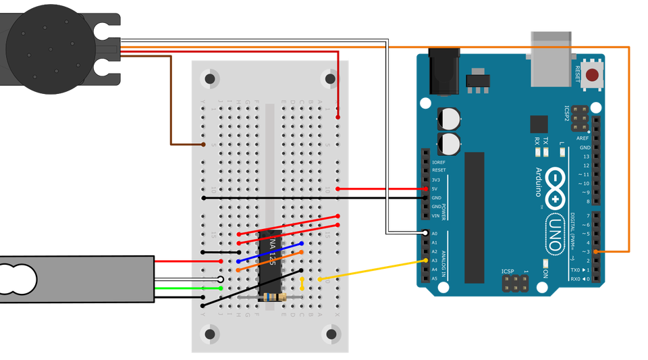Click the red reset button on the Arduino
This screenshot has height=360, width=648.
(593, 75)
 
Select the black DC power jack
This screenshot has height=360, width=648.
(444, 73)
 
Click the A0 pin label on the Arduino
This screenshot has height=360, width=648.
(434, 233)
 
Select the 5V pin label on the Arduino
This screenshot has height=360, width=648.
(435, 188)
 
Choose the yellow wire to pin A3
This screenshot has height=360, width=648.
(371, 269)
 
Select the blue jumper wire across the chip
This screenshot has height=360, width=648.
(270, 252)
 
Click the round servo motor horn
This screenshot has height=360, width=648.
(47, 47)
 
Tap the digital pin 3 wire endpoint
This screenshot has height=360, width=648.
(595, 251)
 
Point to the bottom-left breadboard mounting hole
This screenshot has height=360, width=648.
(210, 334)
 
